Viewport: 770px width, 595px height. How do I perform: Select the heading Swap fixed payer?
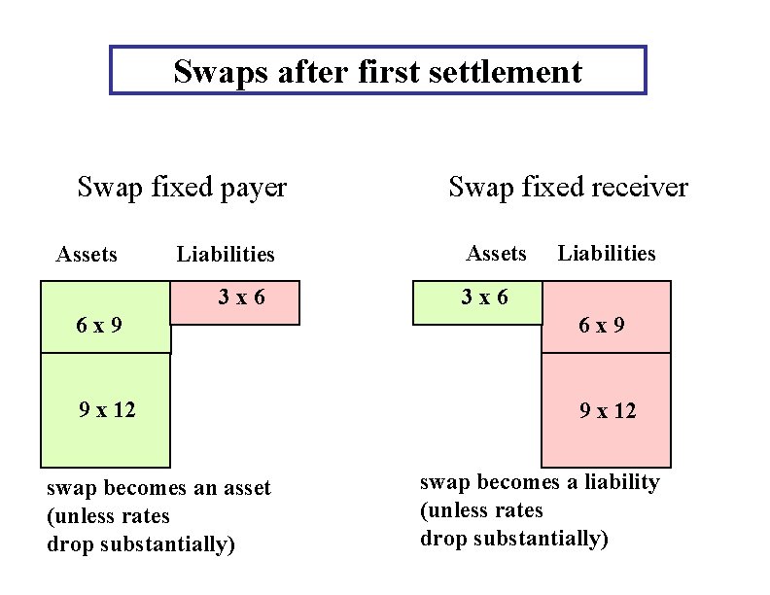(182, 187)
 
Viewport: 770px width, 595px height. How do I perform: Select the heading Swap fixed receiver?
(568, 187)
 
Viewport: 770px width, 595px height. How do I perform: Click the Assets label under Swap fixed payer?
(87, 255)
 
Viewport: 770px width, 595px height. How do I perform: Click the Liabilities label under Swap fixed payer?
(226, 255)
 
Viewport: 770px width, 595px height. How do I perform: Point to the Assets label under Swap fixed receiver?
(496, 254)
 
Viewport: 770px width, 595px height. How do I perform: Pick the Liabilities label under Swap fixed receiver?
(607, 254)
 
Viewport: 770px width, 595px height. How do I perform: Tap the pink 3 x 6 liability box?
(236, 302)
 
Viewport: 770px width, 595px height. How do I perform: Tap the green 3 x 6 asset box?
(477, 302)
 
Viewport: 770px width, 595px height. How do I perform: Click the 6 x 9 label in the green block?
(99, 325)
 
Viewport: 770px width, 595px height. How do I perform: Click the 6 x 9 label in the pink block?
(602, 325)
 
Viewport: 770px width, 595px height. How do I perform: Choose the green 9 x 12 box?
(105, 410)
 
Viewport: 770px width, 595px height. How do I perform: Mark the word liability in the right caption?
(622, 482)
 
